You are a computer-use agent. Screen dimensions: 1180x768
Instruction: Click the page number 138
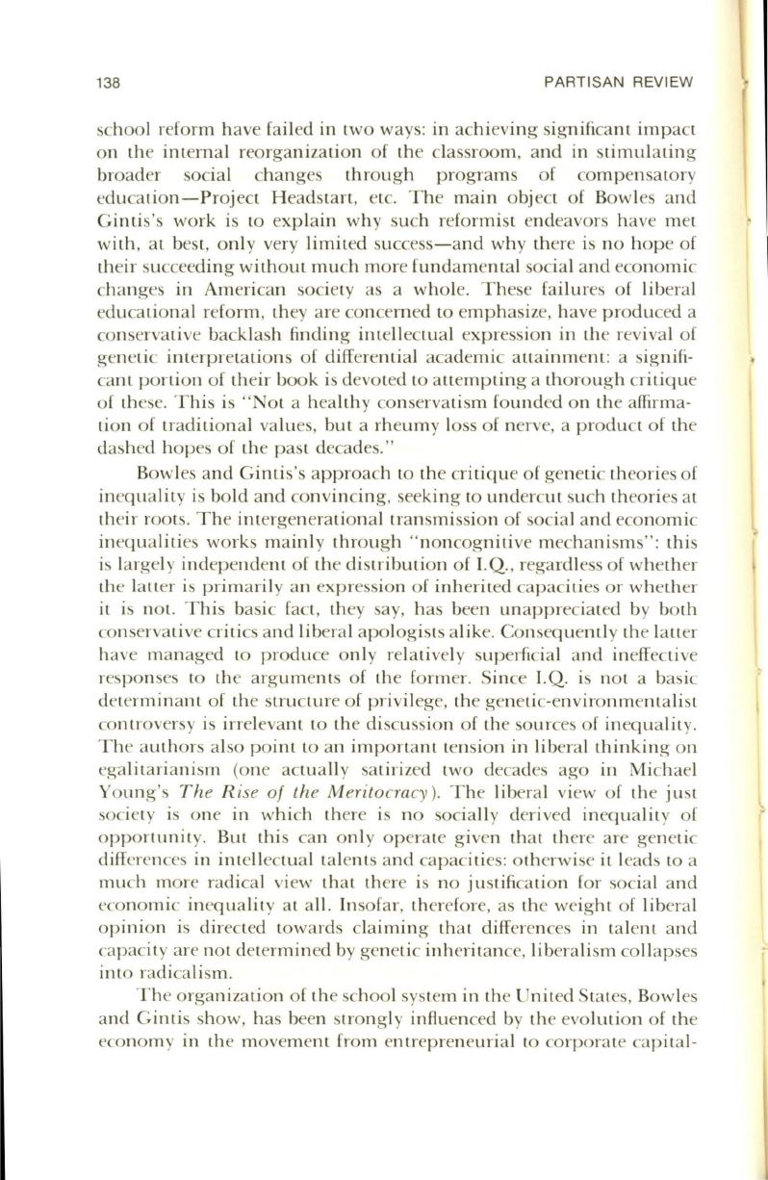(107, 83)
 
